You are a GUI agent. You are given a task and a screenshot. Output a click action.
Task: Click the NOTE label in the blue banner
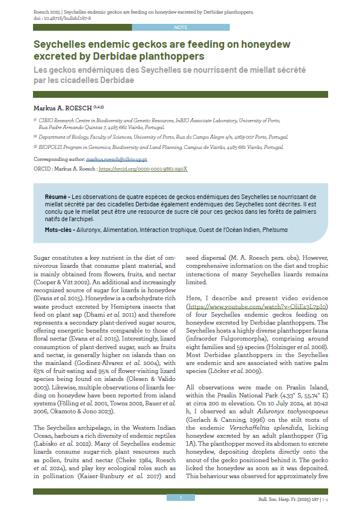180,27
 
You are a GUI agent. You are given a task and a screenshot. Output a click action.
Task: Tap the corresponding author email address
120,160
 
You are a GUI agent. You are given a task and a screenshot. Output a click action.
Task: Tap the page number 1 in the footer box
180,497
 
